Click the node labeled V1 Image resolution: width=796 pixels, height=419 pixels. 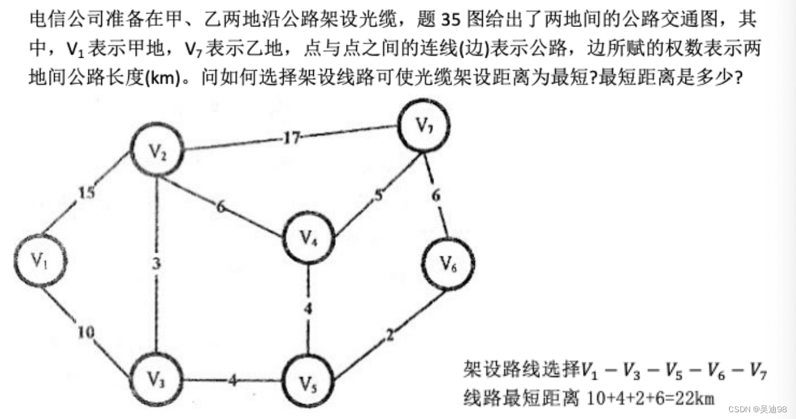[40, 260]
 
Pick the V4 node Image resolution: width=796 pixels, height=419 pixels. [308, 238]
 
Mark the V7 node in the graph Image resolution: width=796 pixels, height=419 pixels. [423, 125]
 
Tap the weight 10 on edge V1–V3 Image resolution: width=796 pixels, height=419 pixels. [86, 332]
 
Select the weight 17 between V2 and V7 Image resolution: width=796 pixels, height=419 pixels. [291, 138]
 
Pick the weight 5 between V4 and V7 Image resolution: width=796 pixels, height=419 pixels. [379, 197]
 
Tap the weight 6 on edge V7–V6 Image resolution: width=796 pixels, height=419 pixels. [435, 196]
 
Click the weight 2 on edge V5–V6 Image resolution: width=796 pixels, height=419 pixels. [389, 335]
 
